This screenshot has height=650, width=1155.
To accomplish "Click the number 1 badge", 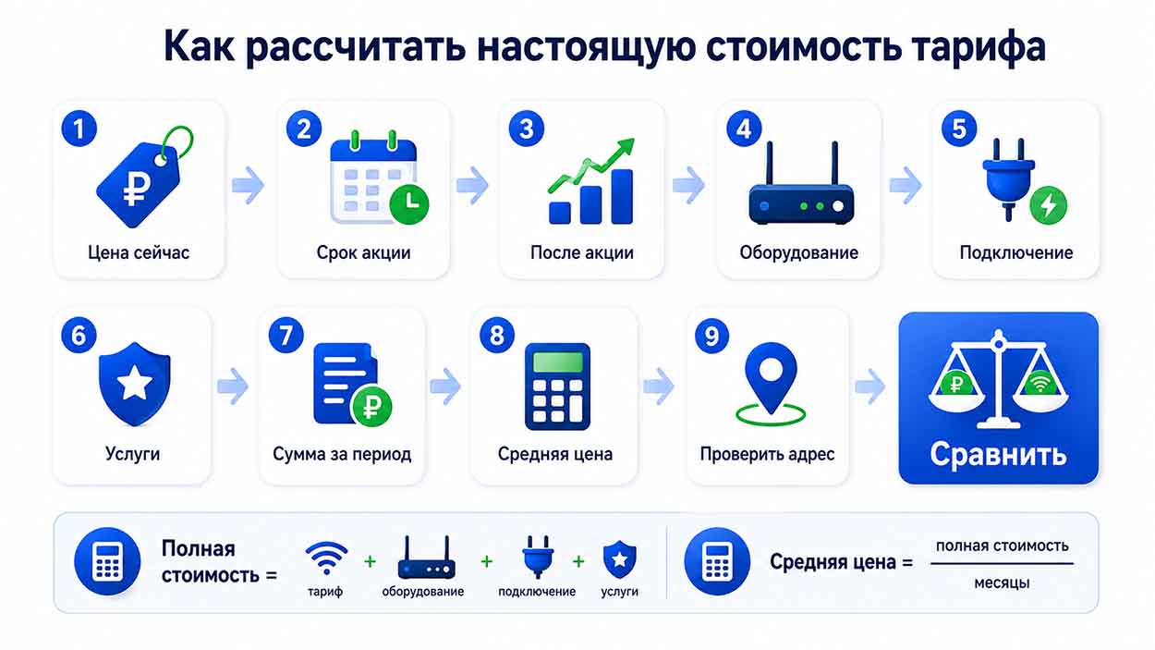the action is point(79,129).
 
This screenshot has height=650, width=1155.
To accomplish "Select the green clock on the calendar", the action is point(409,204).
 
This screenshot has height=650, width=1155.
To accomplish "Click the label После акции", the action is point(581,252).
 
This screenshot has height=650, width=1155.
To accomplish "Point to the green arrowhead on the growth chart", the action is point(626,145).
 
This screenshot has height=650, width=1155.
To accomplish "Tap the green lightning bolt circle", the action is point(1048,205).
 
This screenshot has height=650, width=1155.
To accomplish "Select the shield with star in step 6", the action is point(135,384).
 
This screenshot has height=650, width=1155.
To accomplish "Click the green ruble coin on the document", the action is point(371,406).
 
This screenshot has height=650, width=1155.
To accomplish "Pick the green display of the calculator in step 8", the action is point(557,362).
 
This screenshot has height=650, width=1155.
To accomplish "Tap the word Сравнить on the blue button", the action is point(998,454).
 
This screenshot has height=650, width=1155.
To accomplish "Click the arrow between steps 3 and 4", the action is point(689,185).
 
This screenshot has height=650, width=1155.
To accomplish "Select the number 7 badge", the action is point(286,336).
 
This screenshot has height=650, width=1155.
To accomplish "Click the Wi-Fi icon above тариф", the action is point(326,558).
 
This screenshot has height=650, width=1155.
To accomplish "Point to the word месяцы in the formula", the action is point(1002,583).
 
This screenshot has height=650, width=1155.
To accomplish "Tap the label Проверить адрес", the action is point(767,454).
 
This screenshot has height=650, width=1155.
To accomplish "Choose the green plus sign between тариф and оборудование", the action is point(370,561).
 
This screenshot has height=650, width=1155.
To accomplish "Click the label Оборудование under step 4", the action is point(798,252).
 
